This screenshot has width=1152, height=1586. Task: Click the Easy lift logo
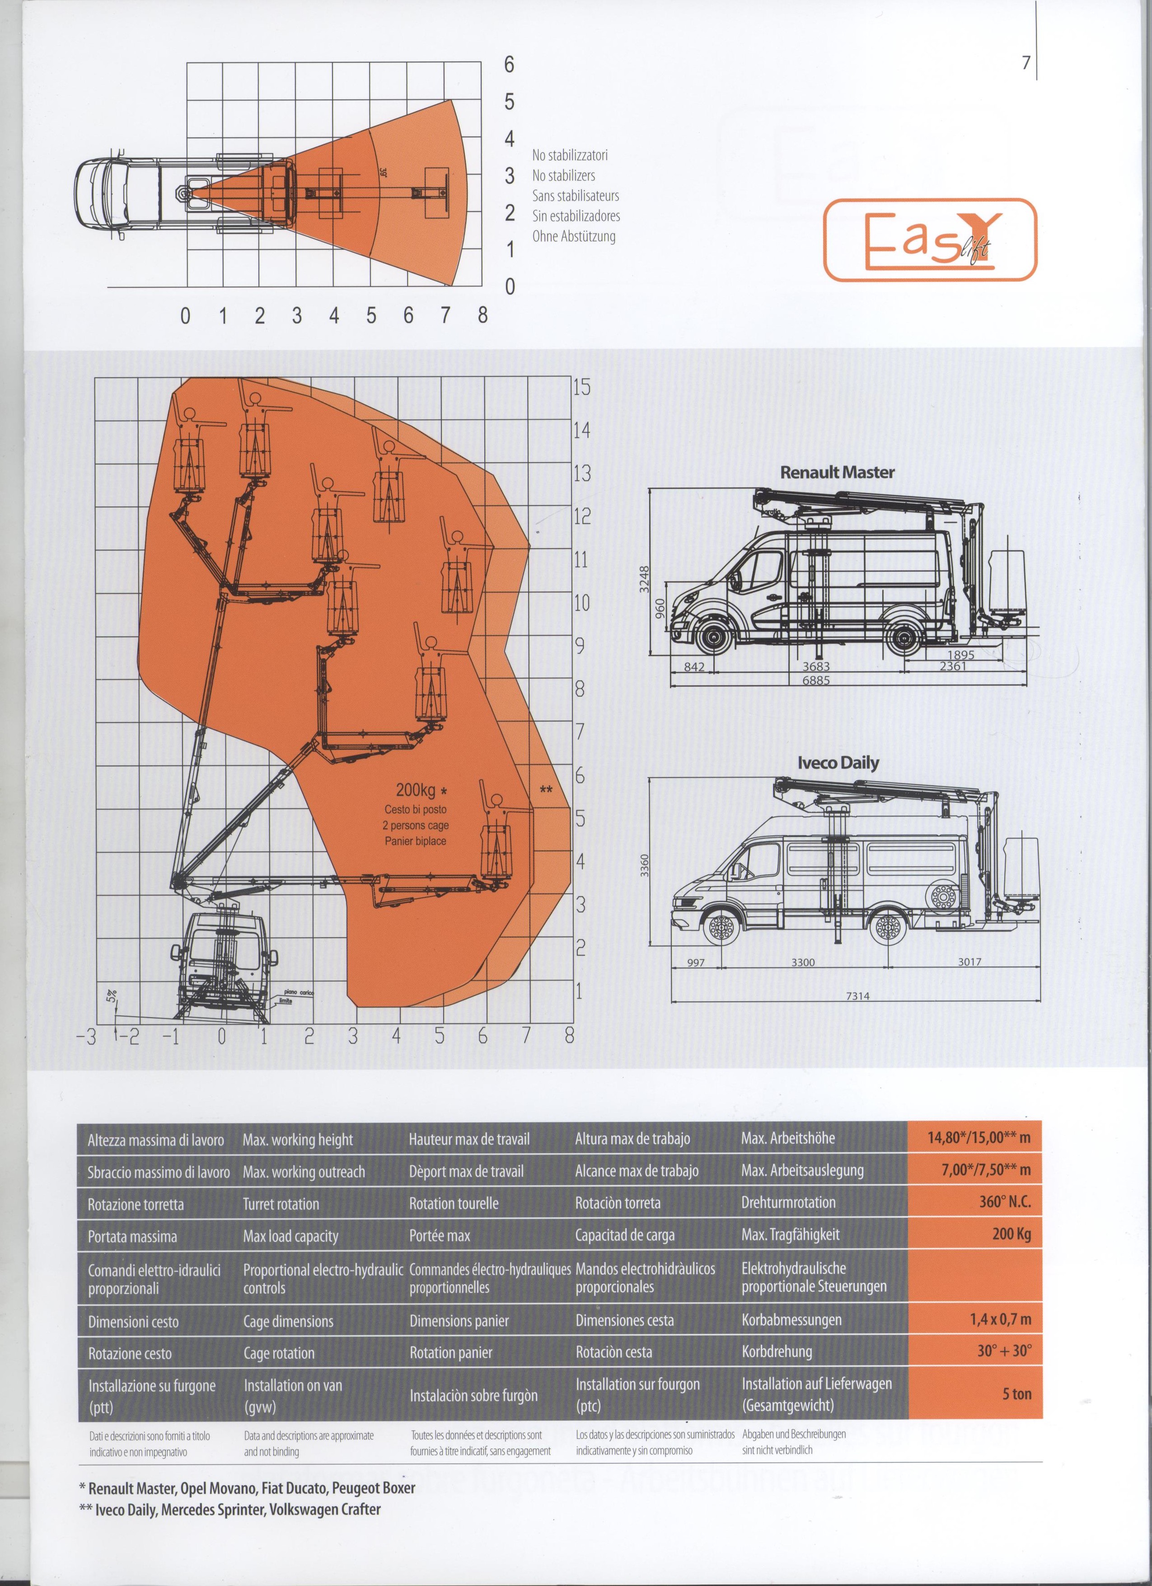point(930,240)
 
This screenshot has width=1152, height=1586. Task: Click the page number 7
point(1026,62)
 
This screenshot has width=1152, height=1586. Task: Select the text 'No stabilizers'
point(563,175)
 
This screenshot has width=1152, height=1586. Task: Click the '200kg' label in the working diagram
point(416,791)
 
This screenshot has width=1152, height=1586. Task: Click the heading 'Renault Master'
point(837,472)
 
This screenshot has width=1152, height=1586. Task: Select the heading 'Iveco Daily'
point(838,763)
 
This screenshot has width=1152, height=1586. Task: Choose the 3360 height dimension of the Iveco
point(645,865)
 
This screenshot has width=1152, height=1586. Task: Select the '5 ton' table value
point(1016,1394)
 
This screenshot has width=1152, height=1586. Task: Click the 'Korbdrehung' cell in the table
point(777,1352)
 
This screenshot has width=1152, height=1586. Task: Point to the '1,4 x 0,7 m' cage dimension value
point(1000,1319)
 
